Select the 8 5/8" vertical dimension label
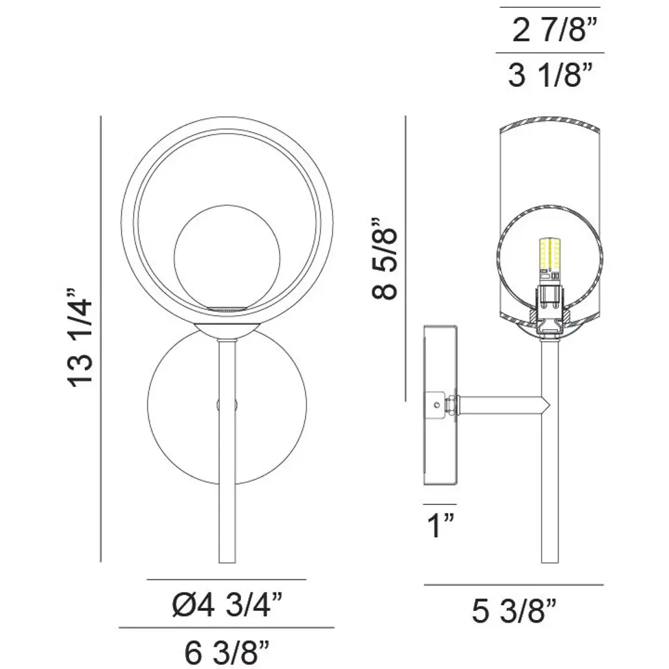385,259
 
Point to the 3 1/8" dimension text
550,75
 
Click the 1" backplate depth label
440,526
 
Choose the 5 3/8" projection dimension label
514,611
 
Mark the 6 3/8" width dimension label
227,651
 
